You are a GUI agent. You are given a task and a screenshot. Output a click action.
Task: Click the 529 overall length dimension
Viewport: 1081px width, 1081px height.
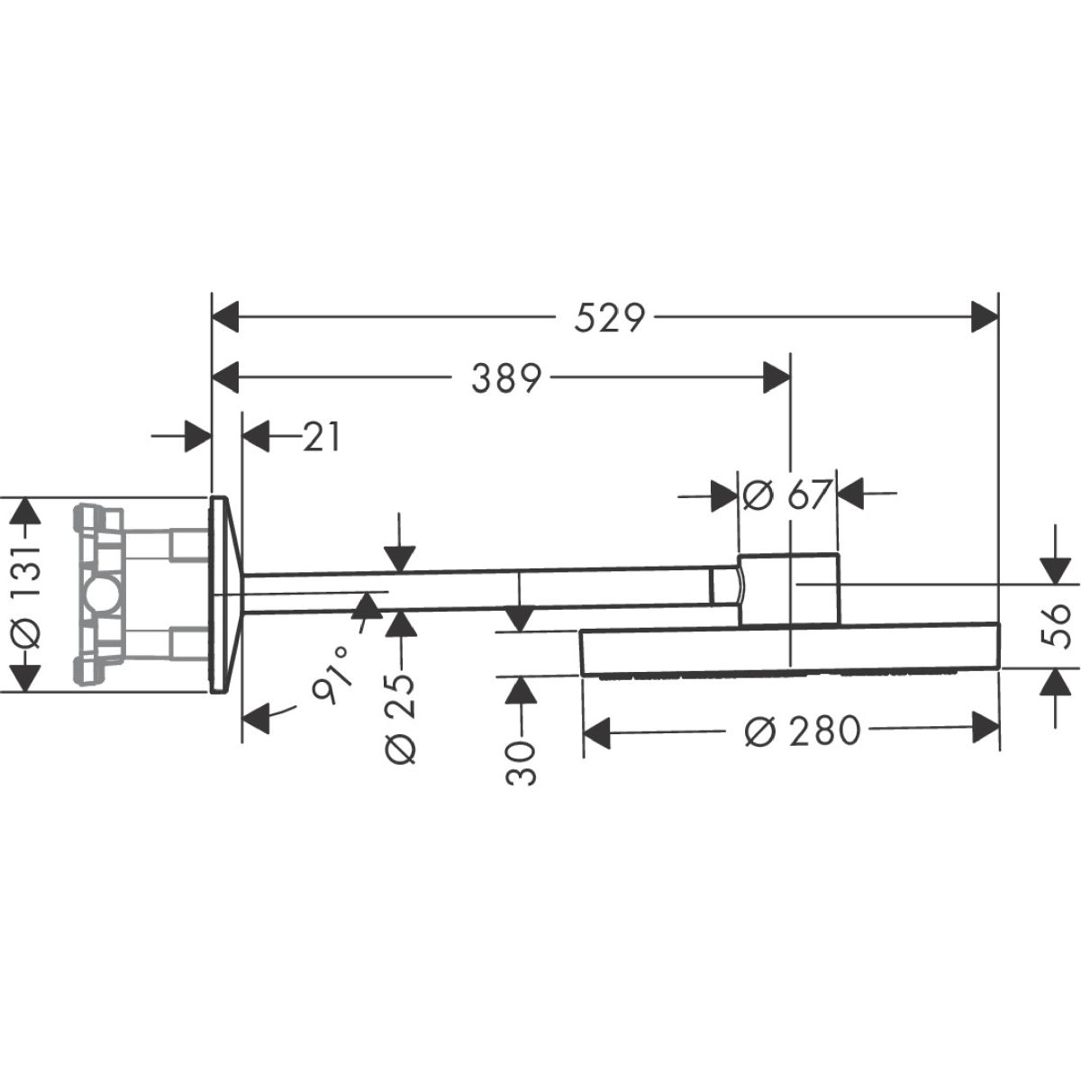click(609, 317)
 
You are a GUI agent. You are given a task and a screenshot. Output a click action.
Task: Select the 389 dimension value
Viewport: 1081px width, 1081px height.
click(506, 377)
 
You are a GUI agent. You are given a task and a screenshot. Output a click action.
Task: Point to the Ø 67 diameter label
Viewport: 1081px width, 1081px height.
click(786, 495)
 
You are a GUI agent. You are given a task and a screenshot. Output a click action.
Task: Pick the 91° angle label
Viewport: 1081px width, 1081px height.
click(331, 674)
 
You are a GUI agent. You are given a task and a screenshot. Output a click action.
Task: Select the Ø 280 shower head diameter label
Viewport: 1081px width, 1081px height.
click(803, 731)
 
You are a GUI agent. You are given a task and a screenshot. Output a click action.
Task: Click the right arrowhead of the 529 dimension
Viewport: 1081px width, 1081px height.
click(986, 317)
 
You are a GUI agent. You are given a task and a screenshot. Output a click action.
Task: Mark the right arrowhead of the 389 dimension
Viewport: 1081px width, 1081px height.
click(777, 377)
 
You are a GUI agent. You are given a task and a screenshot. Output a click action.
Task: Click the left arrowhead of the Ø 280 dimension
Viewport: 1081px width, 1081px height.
click(597, 732)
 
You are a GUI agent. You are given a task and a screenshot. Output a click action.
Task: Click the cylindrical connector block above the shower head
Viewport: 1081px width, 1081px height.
click(788, 588)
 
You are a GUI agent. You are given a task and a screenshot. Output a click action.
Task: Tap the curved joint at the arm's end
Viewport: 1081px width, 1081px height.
click(739, 587)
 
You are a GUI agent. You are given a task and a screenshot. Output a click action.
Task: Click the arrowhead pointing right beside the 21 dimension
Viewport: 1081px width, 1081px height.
click(198, 436)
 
